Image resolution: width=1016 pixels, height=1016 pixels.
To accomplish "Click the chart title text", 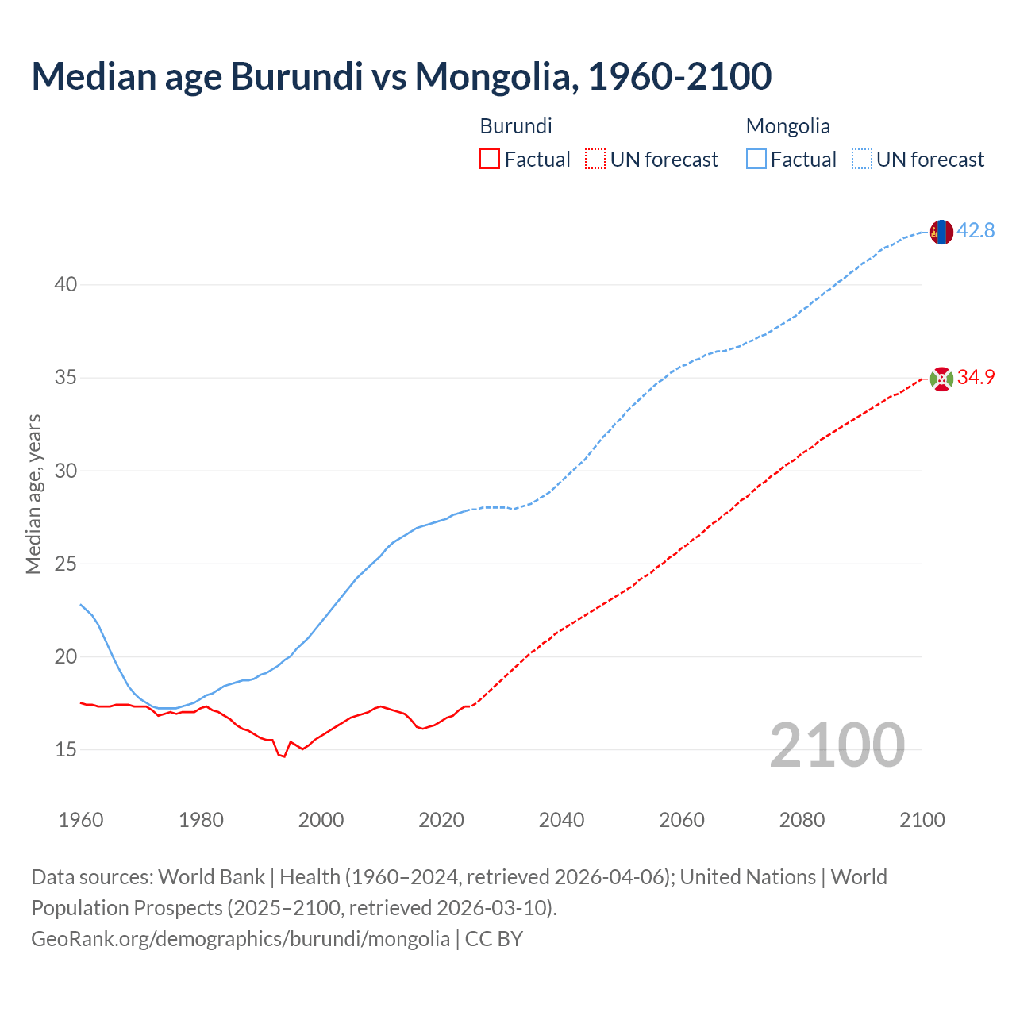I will tap(401, 76).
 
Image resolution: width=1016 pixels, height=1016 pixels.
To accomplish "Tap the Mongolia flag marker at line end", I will tap(941, 232).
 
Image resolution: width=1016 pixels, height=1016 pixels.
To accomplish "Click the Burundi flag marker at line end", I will tap(941, 379).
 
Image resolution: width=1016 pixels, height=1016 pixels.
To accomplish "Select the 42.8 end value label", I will tap(976, 231).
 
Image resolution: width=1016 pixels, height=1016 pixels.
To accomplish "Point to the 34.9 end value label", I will tap(976, 378).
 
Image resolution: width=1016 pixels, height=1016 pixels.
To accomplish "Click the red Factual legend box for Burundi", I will tap(490, 160).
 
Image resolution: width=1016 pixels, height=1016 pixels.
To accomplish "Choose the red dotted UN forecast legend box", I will tap(595, 160).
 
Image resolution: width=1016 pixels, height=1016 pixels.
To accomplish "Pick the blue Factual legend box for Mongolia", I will tap(756, 160).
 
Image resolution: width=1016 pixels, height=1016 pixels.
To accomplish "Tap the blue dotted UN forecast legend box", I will tap(861, 160).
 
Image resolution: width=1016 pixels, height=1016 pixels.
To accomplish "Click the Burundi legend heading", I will tap(516, 126).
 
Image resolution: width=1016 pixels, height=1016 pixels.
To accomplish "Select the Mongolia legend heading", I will tap(788, 126).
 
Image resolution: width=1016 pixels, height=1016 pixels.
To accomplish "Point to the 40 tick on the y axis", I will tap(66, 284).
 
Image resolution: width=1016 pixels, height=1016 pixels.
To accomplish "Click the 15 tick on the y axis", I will tap(66, 749).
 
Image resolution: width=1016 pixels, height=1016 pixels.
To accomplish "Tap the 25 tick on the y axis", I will tap(66, 564).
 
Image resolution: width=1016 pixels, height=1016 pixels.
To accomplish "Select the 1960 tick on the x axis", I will tap(81, 820).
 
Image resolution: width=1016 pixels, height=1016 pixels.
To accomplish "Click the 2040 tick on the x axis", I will tap(561, 820).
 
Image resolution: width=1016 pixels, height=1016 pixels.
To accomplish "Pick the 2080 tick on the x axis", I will tap(802, 820).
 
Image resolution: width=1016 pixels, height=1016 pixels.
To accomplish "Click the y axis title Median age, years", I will tap(33, 494).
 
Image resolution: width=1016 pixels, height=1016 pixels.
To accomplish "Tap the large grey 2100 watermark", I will tap(837, 745).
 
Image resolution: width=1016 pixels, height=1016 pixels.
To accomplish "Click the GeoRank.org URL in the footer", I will tap(241, 939).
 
